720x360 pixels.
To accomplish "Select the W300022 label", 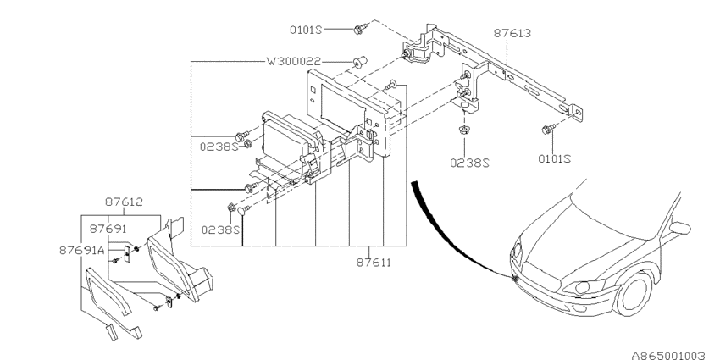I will point(293,63).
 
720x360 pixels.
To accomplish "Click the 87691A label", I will point(82,250).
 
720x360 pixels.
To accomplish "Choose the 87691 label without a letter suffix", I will point(108,229).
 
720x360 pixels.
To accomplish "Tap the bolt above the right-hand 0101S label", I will point(548,129).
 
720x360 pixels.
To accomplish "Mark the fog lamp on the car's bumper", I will point(514,278).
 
